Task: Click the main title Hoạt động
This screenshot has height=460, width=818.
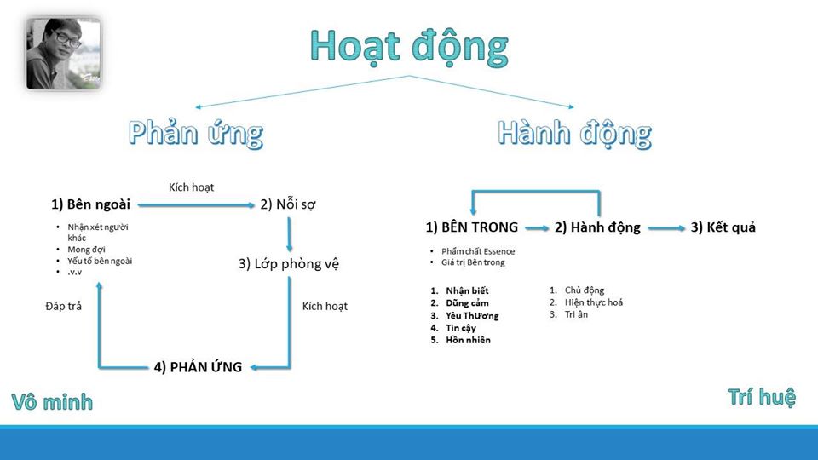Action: tap(409, 46)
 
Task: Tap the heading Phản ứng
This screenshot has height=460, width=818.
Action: tap(196, 134)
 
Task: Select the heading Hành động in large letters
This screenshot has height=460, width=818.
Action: tap(575, 134)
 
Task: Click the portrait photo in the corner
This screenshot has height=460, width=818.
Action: tap(64, 55)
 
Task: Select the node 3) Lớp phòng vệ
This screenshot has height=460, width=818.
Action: tap(289, 263)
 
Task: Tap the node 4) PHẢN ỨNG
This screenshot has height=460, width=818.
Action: tap(199, 367)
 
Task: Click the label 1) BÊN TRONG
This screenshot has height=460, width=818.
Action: tap(472, 227)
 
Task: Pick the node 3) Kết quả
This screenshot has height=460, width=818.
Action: tap(723, 227)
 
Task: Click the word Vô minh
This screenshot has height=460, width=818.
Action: tap(52, 402)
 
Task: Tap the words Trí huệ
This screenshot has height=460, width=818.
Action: tap(761, 396)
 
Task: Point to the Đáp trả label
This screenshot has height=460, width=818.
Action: tap(63, 306)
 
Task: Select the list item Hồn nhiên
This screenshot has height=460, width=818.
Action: tap(468, 340)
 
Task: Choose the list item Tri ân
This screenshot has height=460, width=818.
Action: tap(577, 314)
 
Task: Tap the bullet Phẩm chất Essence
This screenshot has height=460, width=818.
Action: tap(478, 251)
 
